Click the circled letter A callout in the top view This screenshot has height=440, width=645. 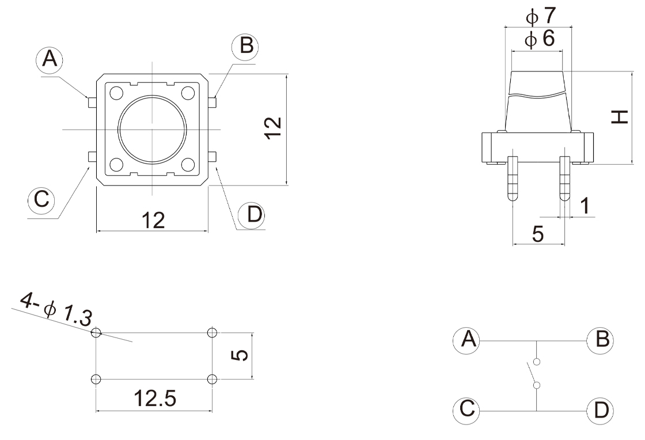[50, 60]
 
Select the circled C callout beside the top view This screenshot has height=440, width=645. [41, 199]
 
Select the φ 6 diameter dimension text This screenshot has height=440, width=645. [540, 39]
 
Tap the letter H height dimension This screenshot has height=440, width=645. [620, 117]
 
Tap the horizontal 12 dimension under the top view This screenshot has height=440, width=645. [153, 219]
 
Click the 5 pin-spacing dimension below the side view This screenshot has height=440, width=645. [537, 233]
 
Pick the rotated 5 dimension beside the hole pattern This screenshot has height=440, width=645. [242, 355]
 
